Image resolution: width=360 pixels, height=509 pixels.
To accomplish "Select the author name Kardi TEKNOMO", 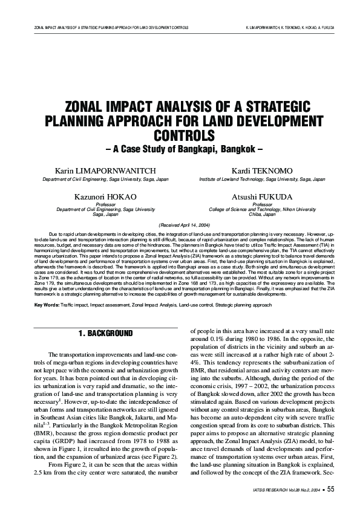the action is coord(262,171).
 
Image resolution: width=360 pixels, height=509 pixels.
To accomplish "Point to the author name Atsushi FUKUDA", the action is coord(262,198).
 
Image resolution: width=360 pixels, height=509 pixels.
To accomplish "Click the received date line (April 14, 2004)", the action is coord(180,224).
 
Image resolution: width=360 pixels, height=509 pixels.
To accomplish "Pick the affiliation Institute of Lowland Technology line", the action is coord(262,180).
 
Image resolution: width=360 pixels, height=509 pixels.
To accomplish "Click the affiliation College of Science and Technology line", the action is coord(262,209).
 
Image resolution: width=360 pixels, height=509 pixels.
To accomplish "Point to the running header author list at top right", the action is coord(290,28).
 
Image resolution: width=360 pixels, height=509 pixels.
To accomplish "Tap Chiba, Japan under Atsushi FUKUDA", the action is coord(262,214).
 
